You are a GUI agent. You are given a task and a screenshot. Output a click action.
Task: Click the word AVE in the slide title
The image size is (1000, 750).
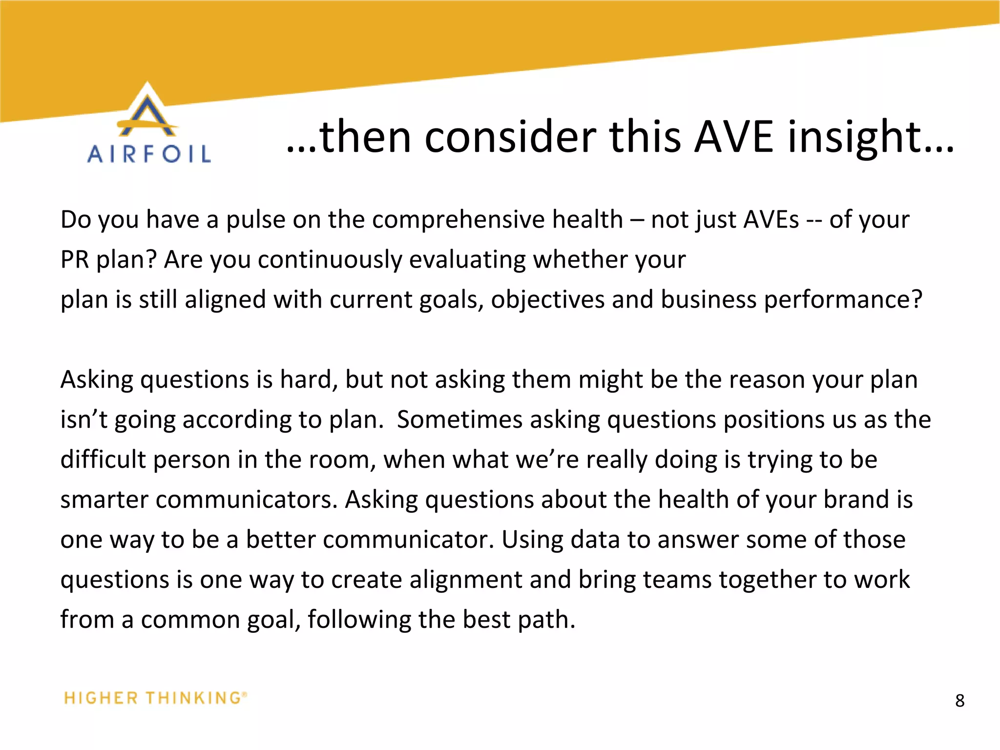(x=733, y=137)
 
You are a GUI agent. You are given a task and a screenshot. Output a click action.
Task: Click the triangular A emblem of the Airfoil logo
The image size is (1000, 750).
(x=147, y=111)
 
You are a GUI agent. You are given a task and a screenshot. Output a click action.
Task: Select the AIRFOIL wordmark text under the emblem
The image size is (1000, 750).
(x=149, y=154)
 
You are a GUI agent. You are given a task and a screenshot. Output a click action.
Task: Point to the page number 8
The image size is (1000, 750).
(x=959, y=701)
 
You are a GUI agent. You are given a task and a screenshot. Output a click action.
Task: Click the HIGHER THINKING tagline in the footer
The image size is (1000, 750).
(x=155, y=698)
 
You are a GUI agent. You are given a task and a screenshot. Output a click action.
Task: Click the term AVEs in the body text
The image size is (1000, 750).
(x=771, y=220)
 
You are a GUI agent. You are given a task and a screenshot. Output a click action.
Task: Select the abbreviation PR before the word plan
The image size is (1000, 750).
(x=74, y=260)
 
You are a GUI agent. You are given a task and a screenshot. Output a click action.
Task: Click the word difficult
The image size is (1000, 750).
(x=103, y=460)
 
